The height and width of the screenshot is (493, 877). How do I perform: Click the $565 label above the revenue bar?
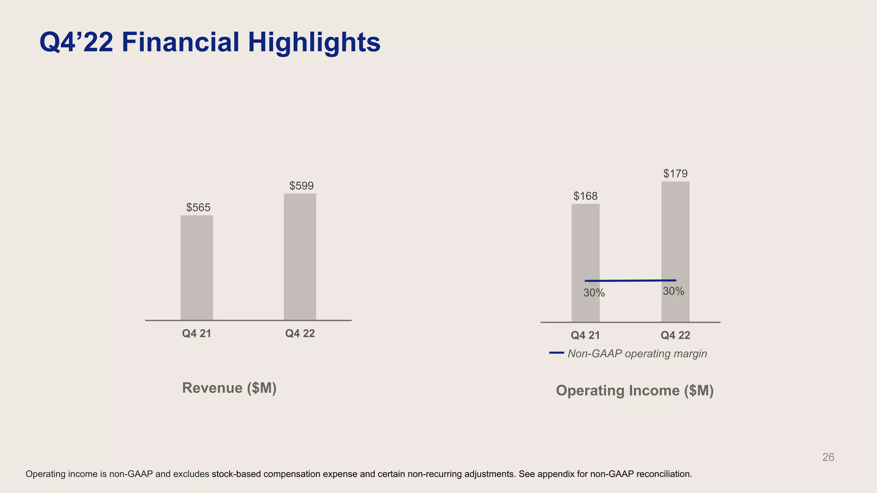coord(198,208)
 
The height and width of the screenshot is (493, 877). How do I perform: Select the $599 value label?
coord(301,186)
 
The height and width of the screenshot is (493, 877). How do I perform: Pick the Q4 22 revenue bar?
coord(300,257)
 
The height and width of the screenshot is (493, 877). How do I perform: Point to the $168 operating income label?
coord(585,196)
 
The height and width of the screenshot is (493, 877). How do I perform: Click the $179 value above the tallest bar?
coord(675,173)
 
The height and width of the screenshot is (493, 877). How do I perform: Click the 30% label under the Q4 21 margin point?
coord(594,293)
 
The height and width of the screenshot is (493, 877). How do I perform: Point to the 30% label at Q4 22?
coord(673,291)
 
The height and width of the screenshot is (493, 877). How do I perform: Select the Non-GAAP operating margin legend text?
coord(637,354)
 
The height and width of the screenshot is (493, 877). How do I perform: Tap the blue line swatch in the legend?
coord(556,353)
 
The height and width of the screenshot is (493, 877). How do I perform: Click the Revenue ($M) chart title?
coord(229,388)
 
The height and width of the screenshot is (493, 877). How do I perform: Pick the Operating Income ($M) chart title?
coord(635,390)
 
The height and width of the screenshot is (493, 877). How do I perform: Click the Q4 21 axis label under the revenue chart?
coord(197,333)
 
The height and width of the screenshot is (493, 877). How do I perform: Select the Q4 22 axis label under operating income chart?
coord(675,335)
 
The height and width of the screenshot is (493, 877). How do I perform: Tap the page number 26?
coord(828,457)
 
